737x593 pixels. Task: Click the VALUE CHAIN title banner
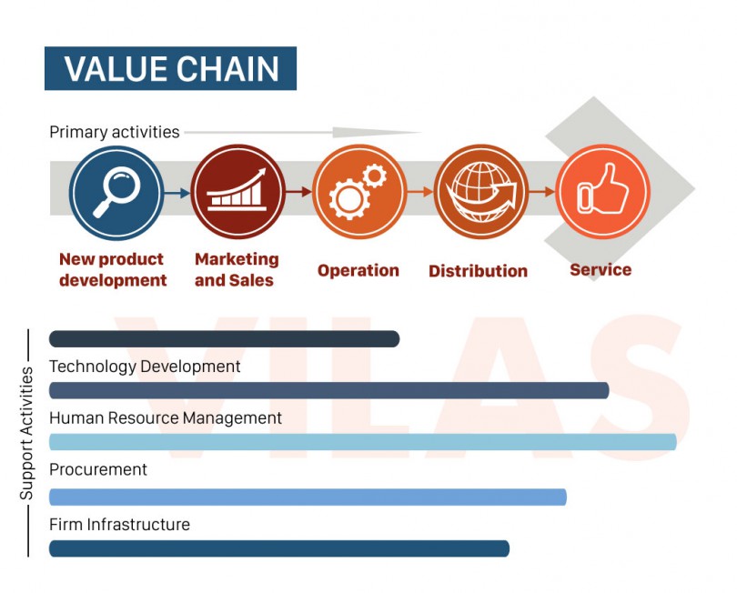[x=170, y=69]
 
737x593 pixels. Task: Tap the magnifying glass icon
[x=116, y=192]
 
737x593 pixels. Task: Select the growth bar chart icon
[x=237, y=192]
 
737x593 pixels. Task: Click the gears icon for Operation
[x=358, y=192]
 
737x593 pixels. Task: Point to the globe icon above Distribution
[x=480, y=192]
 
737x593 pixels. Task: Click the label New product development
[x=113, y=270]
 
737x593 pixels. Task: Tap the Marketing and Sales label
[x=236, y=270]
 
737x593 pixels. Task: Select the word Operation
[x=358, y=270]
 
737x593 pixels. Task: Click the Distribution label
[x=478, y=271]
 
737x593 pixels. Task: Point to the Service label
[x=601, y=269]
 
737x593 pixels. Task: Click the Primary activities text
[x=115, y=132]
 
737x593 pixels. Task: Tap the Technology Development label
[x=145, y=367]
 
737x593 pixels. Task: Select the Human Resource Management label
[x=166, y=418]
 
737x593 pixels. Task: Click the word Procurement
[x=98, y=470]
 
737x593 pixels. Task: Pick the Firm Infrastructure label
[x=119, y=525]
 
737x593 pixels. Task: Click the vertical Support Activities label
[x=26, y=433]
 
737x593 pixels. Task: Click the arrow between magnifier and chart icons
[x=177, y=192]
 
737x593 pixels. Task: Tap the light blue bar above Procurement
[x=362, y=443]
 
